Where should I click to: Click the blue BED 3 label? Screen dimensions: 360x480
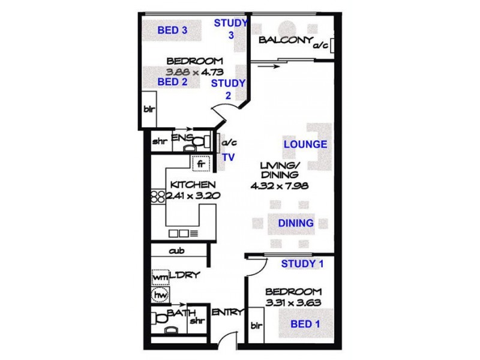pos(172,30)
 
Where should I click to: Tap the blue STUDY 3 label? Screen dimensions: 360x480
pos(230,29)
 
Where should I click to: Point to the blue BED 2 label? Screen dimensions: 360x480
pos(172,82)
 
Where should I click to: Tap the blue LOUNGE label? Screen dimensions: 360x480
pos(305,144)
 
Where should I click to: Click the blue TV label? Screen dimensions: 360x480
pos(229,157)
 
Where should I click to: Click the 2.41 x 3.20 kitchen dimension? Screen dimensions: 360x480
pos(187,196)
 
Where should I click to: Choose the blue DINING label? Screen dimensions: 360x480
pos(296,223)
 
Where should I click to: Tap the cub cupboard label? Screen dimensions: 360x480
pos(176,251)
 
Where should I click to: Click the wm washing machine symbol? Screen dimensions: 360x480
pos(160,278)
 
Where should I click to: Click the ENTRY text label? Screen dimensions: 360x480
pos(227,312)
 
